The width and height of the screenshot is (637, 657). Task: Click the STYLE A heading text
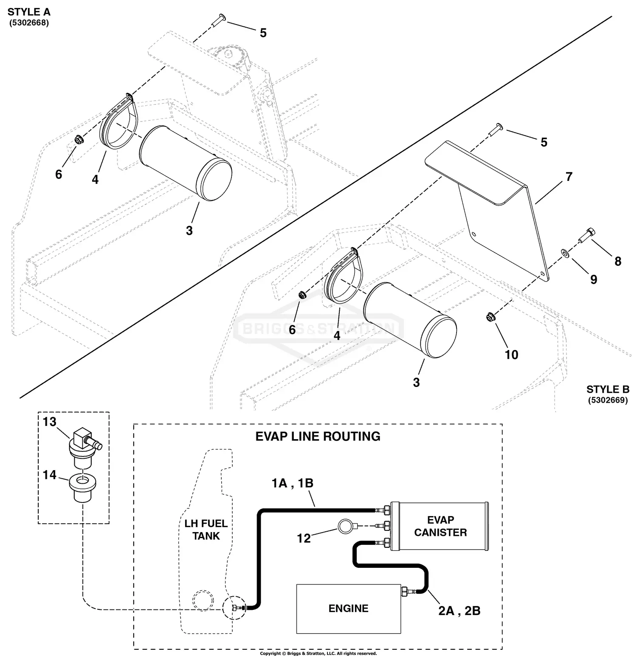click(29, 12)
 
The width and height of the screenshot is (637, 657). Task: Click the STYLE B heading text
click(608, 389)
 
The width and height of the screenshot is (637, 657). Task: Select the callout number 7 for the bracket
click(569, 176)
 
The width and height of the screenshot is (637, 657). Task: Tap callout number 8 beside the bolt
click(618, 261)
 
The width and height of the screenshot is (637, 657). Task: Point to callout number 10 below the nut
click(511, 355)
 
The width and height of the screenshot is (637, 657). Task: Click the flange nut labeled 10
click(489, 316)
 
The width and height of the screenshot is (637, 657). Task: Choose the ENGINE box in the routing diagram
click(348, 608)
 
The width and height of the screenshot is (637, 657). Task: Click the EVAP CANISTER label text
click(440, 526)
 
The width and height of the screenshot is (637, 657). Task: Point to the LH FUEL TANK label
click(206, 530)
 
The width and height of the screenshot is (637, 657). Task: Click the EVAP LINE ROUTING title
click(318, 436)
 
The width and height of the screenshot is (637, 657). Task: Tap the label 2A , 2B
click(459, 611)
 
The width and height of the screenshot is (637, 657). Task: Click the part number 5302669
click(608, 400)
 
